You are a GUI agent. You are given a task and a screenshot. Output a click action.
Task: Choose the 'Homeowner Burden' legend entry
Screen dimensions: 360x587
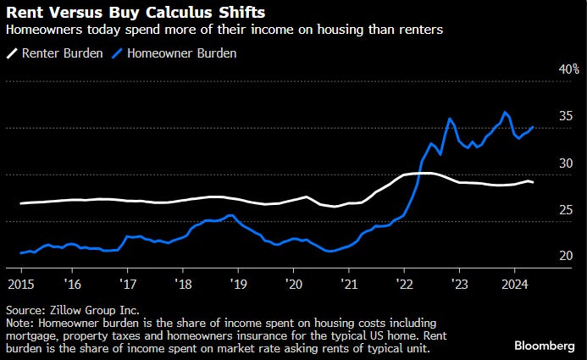pos(181,53)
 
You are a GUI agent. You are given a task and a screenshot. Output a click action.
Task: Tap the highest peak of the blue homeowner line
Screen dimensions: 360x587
pos(506,113)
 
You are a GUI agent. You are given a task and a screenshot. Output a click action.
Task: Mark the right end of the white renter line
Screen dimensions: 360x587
pos(532,182)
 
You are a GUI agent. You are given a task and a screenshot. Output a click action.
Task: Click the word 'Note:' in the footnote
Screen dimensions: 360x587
pos(20,323)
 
